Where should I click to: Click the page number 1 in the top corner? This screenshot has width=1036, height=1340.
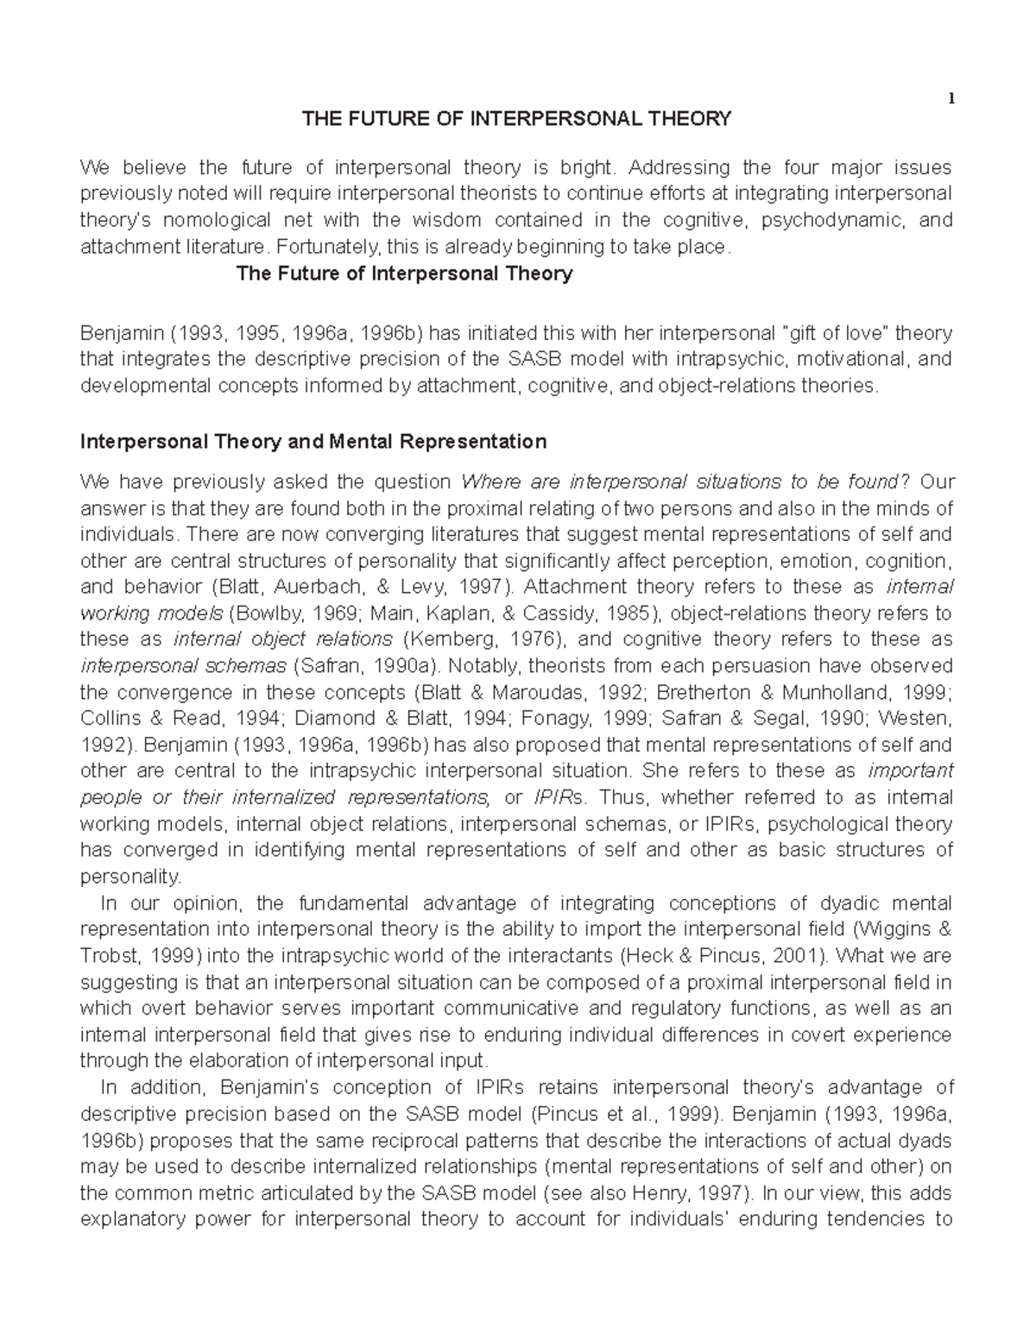(x=951, y=98)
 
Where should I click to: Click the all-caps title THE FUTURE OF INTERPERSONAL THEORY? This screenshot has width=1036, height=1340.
(x=515, y=119)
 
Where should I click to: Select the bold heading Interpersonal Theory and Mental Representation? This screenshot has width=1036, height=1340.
(x=313, y=442)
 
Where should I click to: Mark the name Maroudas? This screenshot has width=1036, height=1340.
(x=527, y=693)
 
